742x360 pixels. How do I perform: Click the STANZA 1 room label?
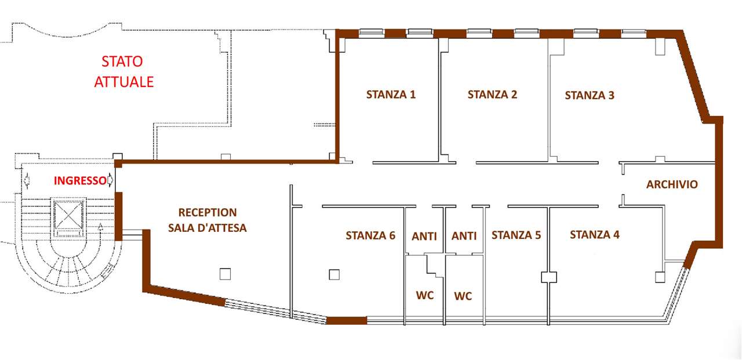pyautogui.click(x=391, y=94)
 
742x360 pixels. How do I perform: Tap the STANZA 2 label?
pyautogui.click(x=492, y=94)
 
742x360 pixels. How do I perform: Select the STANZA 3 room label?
pyautogui.click(x=590, y=96)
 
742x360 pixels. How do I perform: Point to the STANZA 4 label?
pyautogui.click(x=595, y=235)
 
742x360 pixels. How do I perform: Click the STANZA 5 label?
pyautogui.click(x=516, y=235)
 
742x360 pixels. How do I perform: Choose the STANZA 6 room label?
pyautogui.click(x=370, y=235)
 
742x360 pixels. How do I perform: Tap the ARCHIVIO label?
pyautogui.click(x=672, y=184)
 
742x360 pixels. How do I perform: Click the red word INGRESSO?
pyautogui.click(x=80, y=181)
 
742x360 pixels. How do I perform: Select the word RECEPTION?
pyautogui.click(x=208, y=213)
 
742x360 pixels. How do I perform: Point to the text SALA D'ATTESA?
pyautogui.click(x=208, y=228)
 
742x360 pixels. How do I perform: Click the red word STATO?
pyautogui.click(x=122, y=61)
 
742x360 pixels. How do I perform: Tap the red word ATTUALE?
pyautogui.click(x=124, y=82)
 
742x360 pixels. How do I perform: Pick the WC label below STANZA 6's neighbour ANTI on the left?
pyautogui.click(x=425, y=295)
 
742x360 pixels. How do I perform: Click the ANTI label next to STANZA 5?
pyautogui.click(x=464, y=236)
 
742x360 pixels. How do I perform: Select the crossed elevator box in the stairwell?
pyautogui.click(x=68, y=215)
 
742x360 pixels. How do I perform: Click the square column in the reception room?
pyautogui.click(x=225, y=274)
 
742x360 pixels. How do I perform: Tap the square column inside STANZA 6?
pyautogui.click(x=334, y=275)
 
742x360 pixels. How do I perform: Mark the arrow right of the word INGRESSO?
pyautogui.click(x=110, y=180)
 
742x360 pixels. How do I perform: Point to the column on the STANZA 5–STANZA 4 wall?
pyautogui.click(x=549, y=277)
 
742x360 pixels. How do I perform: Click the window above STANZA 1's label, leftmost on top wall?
pyautogui.click(x=372, y=32)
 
